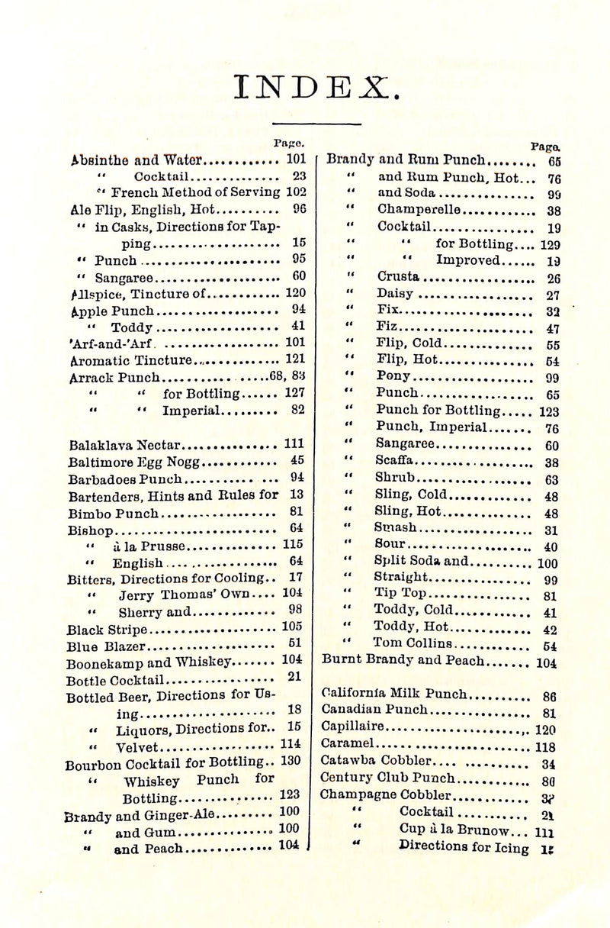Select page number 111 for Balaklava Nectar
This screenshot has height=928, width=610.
294,443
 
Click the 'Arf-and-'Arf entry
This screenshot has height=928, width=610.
110,342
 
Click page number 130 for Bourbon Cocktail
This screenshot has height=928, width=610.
291,760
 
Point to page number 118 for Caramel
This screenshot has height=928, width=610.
545,746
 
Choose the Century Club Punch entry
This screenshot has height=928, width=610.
388,778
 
